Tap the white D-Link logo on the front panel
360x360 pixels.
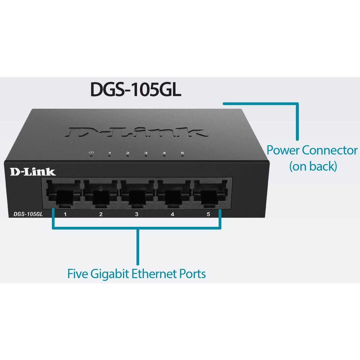coord(33,172)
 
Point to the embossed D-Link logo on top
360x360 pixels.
coord(138,132)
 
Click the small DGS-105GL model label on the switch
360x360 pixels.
coord(28,214)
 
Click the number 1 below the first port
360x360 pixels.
coord(65,214)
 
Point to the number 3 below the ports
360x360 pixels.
coord(136,214)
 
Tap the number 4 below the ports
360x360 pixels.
coord(172,214)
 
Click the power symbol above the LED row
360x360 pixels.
coord(91,153)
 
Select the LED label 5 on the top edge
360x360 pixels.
coord(182,153)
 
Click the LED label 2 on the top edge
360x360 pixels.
coord(128,153)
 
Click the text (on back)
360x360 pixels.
coord(313,166)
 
